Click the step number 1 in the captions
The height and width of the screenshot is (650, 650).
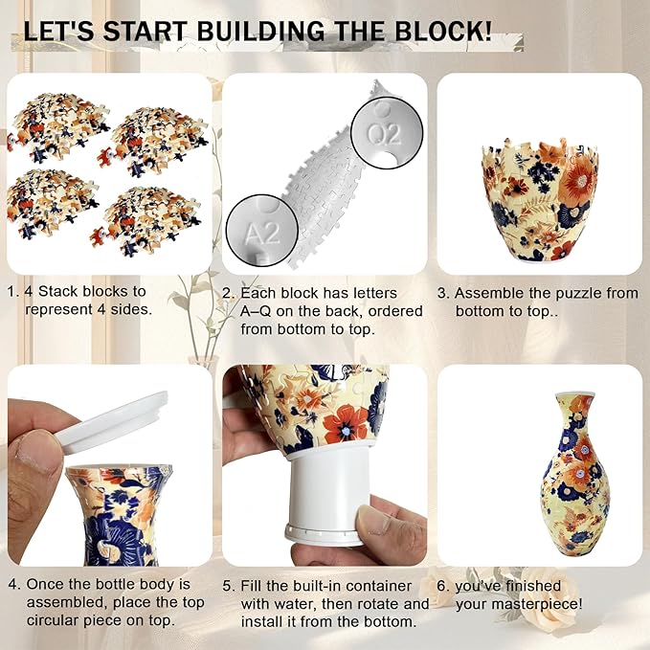(11, 292)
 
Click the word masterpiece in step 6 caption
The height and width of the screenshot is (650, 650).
(536, 603)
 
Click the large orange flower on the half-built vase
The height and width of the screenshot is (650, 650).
(579, 176)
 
